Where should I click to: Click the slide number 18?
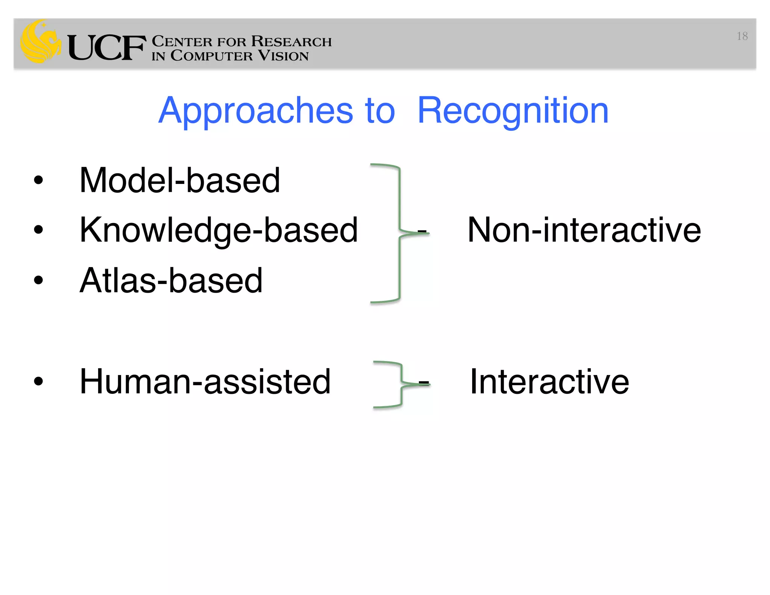[742, 36]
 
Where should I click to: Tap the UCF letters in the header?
[106, 48]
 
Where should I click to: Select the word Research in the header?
[291, 41]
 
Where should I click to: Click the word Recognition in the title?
[513, 111]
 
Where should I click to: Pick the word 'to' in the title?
[380, 111]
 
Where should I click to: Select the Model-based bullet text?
[180, 181]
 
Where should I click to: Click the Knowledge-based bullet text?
[218, 230]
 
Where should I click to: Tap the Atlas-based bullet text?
[171, 281]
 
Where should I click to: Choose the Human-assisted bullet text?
[205, 382]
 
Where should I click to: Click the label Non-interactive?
[584, 230]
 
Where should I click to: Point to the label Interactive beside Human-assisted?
[549, 382]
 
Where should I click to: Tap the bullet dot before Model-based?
[38, 180]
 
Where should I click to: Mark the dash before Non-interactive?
[422, 231]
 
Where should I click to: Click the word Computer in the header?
[211, 56]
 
